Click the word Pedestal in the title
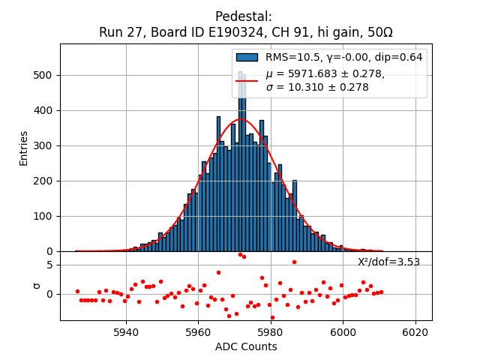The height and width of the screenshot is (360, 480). tap(243, 16)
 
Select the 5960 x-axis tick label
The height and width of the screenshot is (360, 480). tap(198, 331)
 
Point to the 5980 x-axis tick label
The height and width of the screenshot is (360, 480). tap(270, 331)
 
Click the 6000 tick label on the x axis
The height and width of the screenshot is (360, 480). tap(343, 331)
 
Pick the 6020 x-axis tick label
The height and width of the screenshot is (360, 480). tap(415, 331)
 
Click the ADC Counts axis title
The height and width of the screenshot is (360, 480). tap(246, 346)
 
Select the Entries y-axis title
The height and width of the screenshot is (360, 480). tap(24, 148)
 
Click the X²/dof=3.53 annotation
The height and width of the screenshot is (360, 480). tap(388, 262)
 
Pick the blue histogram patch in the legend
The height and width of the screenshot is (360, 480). tap(247, 58)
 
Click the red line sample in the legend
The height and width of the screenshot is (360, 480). tap(247, 80)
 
